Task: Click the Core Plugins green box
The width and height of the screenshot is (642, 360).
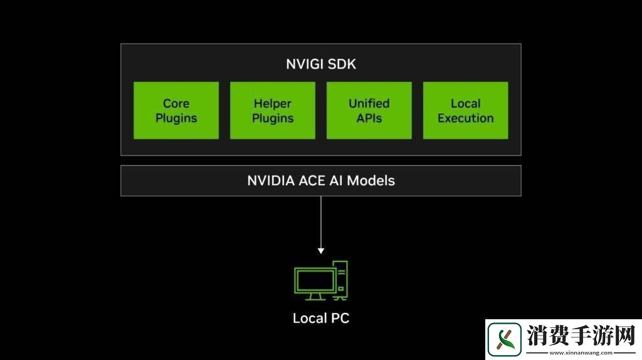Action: (x=176, y=110)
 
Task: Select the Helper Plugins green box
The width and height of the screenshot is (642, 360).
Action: (x=273, y=110)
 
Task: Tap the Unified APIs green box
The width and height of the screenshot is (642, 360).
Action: (x=369, y=110)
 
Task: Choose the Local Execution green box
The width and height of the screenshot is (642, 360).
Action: (x=466, y=110)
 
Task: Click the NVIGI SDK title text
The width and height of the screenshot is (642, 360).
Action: (x=320, y=64)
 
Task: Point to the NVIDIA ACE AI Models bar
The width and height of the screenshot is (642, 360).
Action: (x=320, y=181)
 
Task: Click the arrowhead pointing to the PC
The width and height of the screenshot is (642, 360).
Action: (x=321, y=250)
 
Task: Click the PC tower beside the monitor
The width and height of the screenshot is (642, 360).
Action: (x=341, y=278)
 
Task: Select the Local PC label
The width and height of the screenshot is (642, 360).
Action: (x=320, y=318)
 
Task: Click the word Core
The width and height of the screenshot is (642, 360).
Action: (x=176, y=103)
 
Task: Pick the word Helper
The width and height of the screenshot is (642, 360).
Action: (x=273, y=103)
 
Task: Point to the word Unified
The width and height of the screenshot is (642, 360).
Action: (x=369, y=103)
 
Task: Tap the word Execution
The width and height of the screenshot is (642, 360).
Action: (x=466, y=118)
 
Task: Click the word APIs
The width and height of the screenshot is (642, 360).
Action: (x=369, y=118)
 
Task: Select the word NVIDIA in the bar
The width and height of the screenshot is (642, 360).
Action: (x=271, y=181)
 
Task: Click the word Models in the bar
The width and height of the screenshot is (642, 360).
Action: (x=371, y=181)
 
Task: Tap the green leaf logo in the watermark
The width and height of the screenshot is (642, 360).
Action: (x=505, y=339)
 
